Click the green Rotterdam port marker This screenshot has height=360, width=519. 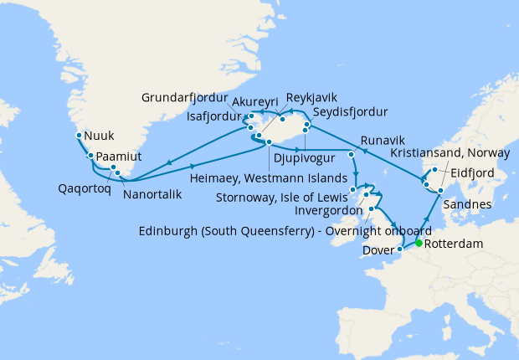coord(419,243)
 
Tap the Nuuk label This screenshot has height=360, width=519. coord(100,135)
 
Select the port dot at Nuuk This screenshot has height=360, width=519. coord(79,135)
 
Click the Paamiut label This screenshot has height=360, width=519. coord(120,157)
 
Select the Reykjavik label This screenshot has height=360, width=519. coord(316,97)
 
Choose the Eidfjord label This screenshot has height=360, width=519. coord(473,172)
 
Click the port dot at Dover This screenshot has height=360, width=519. coord(400,249)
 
